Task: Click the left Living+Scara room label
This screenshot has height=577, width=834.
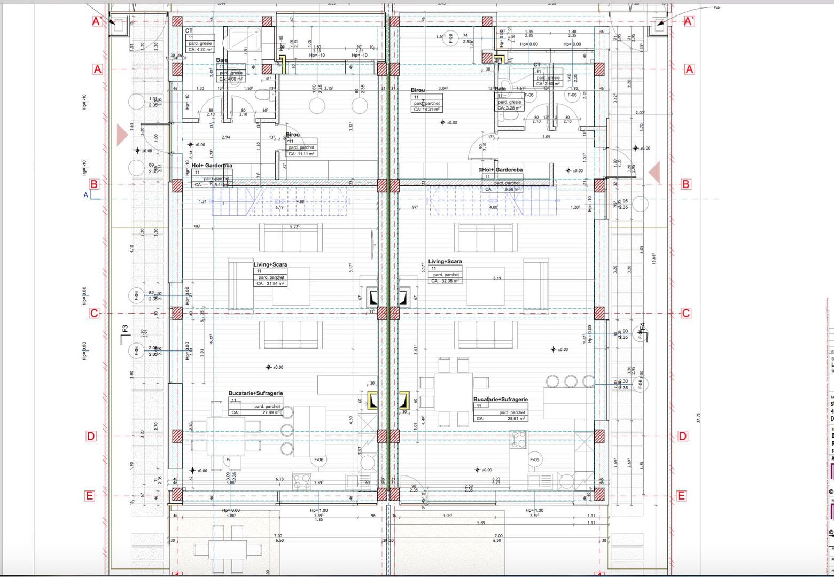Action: pos(270,264)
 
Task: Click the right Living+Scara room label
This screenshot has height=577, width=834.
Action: pos(445,262)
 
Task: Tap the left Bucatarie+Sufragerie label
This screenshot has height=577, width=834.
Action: pos(255,393)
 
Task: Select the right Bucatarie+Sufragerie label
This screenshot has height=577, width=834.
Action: pos(500,400)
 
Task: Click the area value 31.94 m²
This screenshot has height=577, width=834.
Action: pos(270,284)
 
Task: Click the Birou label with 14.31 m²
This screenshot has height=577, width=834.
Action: pos(417,90)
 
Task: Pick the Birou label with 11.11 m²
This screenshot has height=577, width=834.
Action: pos(293,135)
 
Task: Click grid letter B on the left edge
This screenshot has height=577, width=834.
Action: pos(94,184)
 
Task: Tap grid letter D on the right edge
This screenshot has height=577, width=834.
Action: pos(683,436)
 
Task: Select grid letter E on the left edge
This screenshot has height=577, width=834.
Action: pos(89,496)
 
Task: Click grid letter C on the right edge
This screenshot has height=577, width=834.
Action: pos(685,314)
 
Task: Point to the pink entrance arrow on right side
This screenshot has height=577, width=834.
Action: pos(654,173)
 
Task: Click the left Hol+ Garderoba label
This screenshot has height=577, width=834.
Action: pos(212,166)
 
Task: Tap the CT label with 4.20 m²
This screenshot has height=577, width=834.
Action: pos(189,31)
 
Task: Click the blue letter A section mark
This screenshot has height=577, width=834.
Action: pos(85,195)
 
